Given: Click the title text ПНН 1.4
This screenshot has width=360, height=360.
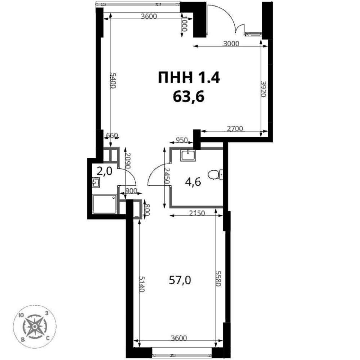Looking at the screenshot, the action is tap(189, 77).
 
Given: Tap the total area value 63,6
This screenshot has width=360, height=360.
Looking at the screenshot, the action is tap(189, 96).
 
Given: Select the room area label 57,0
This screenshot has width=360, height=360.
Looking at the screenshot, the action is tap(180, 280).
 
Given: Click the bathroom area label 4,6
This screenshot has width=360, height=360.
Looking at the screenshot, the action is tap(193, 182).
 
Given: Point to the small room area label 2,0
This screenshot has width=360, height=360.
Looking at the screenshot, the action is tap(105, 171).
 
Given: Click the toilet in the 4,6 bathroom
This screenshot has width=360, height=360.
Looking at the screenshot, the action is tap(215, 174).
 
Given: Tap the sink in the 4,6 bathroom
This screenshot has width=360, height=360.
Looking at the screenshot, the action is tap(188, 155).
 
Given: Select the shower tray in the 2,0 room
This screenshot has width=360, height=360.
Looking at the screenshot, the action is tap(105, 204).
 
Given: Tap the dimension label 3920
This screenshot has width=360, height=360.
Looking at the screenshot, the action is tap(263, 88).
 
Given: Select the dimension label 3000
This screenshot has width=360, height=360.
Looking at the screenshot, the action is tap(231, 43).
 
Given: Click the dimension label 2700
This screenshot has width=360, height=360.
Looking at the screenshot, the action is tap(235, 129).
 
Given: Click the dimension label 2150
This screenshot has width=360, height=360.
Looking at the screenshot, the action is tap(197, 213).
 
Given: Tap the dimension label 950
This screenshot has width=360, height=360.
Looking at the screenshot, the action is tap(181, 140).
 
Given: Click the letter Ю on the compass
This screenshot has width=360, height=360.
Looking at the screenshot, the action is tap(21, 315).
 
